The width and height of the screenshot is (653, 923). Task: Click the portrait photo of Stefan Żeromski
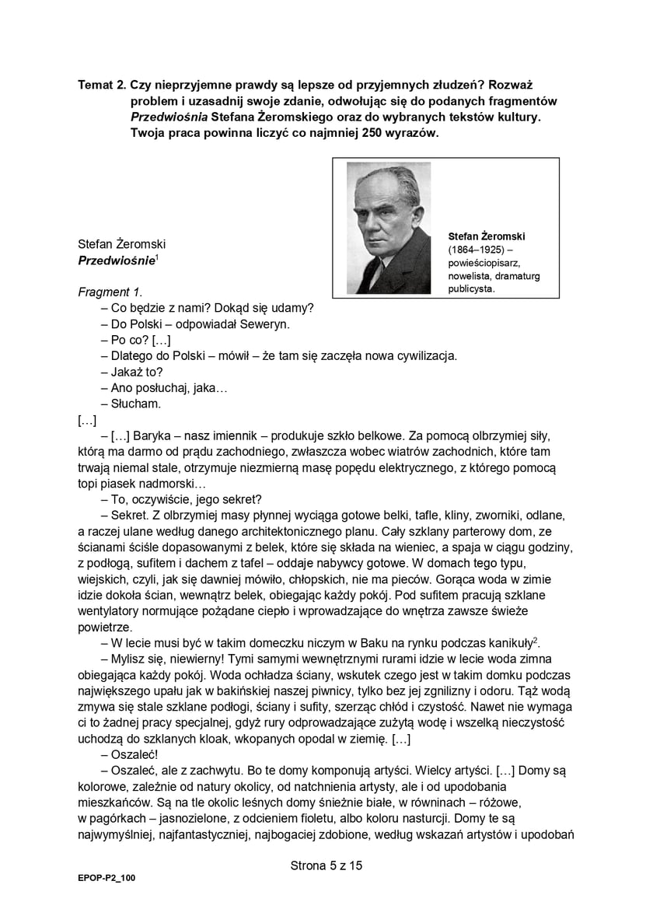389,228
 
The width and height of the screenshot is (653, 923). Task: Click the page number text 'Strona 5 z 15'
326,865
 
